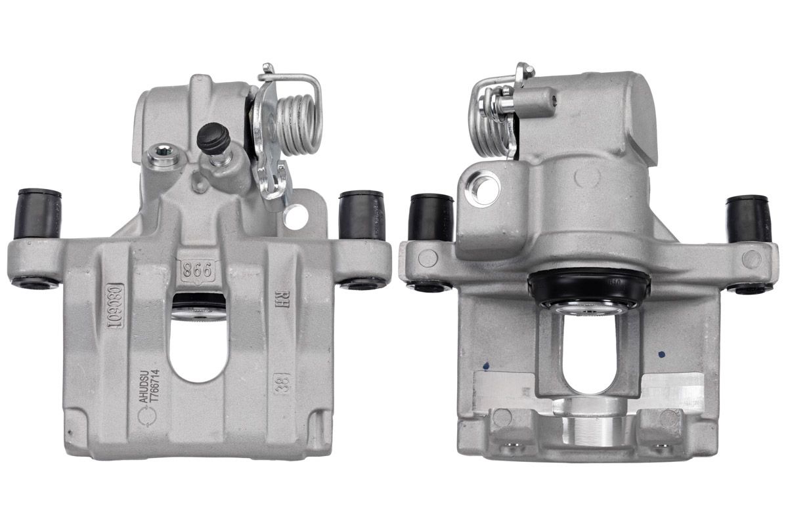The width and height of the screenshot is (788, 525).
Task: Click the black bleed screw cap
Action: pos(213,138)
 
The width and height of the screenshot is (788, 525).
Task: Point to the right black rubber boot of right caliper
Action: pos(749,218)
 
